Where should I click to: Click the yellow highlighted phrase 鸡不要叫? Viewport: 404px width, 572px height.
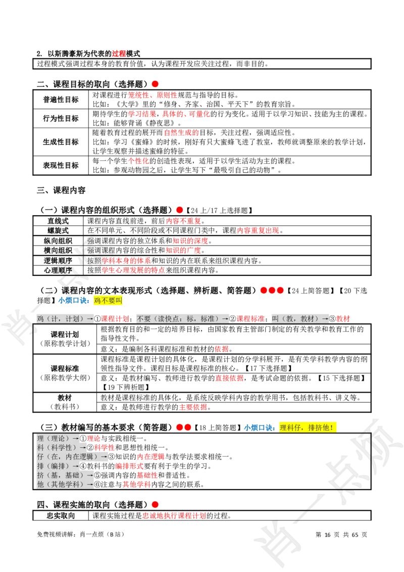pos(108,301)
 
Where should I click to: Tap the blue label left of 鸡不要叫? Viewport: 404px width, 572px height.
pos(74,301)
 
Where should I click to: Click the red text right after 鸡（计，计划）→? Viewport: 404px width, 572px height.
pos(115,319)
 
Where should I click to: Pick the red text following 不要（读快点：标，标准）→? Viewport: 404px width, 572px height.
pos(251,319)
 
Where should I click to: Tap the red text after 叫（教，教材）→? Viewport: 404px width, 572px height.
pos(343,319)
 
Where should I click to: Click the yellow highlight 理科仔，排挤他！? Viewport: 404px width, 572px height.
pos(308,427)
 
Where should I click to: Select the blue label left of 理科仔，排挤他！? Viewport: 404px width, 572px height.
pos(259,427)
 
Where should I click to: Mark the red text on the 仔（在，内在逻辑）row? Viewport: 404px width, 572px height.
pos(151,457)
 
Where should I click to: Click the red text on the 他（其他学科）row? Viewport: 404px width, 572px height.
pos(136,484)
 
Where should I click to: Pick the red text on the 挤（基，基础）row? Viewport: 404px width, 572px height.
pos(147,475)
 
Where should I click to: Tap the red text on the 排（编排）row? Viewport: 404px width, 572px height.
pos(129,466)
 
